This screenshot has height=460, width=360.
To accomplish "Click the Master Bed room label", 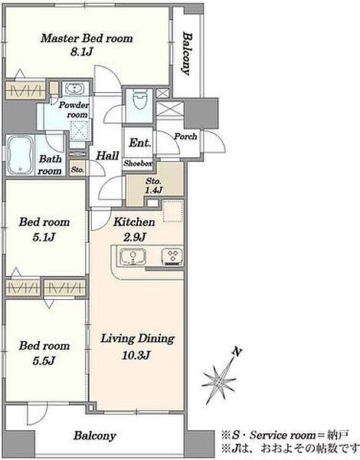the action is click(87, 38).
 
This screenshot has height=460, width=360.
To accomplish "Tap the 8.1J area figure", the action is click(82, 52).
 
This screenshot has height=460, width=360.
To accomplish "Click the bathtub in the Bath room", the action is click(20, 155).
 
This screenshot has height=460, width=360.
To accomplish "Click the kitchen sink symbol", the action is click(133, 257).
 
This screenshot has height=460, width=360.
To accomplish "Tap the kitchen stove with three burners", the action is click(172, 257).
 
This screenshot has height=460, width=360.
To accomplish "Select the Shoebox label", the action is click(138, 163).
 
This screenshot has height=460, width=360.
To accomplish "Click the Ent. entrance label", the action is click(140, 143).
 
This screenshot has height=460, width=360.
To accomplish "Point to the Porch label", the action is click(185, 136).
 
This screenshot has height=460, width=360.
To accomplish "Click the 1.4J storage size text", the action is click(153, 190).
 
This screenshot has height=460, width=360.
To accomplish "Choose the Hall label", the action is click(107, 156).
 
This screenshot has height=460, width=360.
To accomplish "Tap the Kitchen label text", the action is click(134, 222).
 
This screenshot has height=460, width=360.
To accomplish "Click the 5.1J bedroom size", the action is click(44, 237).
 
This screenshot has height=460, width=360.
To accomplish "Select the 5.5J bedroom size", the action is click(44, 361).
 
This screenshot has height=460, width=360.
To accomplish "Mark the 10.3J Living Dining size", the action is click(136, 356).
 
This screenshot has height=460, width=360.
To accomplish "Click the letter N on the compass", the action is click(237, 351).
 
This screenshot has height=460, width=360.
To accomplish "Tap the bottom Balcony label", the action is click(95, 436).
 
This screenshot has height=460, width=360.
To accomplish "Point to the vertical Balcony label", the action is click(187, 54).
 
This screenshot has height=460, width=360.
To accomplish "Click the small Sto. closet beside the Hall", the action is click(77, 169).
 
